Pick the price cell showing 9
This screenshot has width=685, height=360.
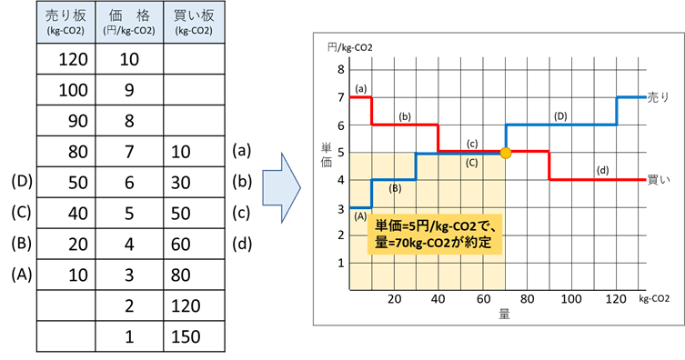pos(128,92)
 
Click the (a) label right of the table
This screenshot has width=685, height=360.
pos(240,152)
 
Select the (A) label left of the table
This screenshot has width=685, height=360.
pos(21,275)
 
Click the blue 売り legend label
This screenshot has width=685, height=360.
pos(658,96)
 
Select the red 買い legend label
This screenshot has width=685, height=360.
pos(658,179)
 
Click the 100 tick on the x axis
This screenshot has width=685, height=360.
pos(571,299)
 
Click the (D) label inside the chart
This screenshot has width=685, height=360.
pos(560,117)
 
